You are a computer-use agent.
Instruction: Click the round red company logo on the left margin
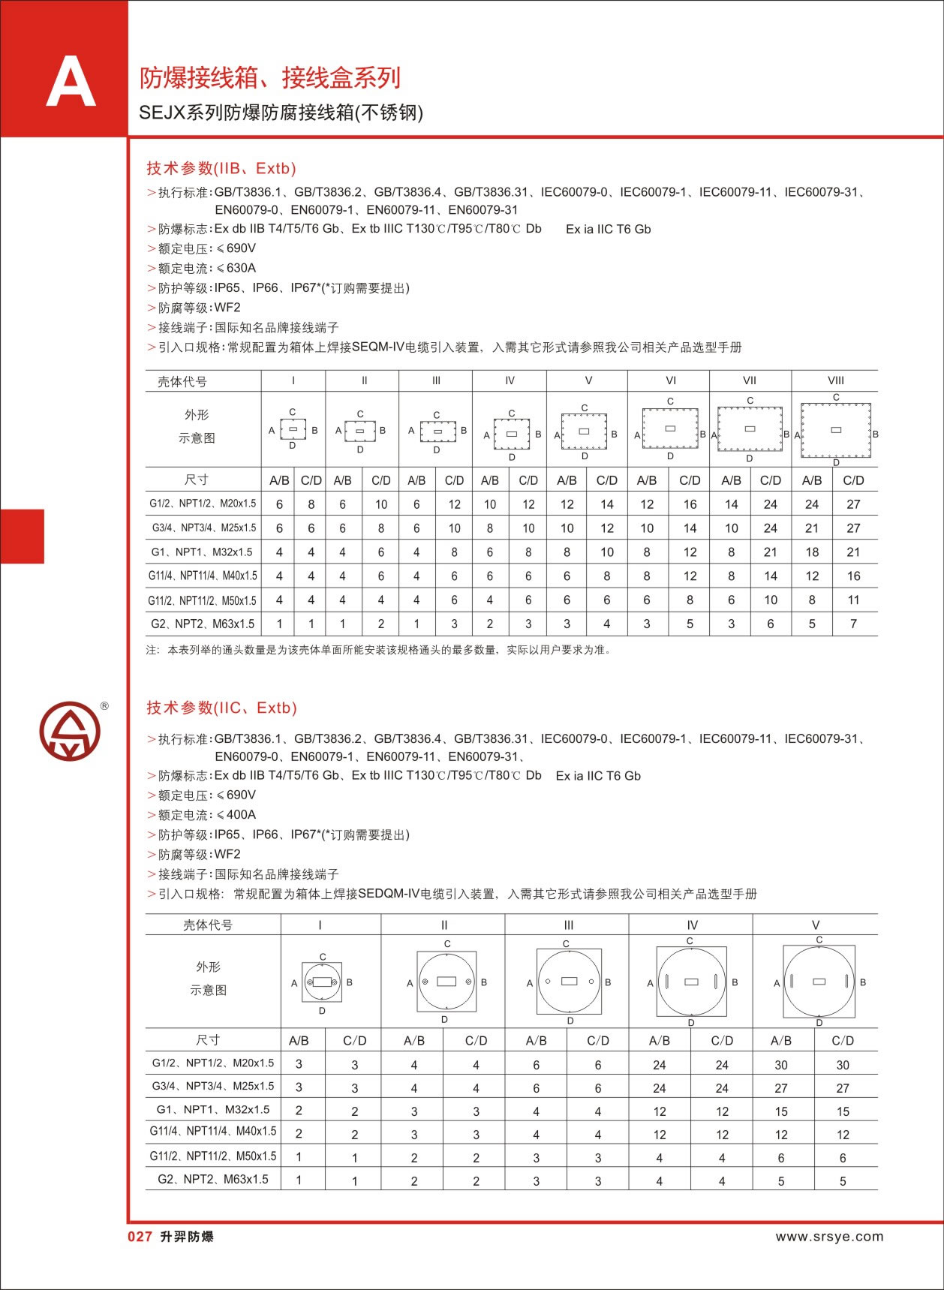tap(70, 732)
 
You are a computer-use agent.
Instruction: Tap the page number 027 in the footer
tap(140, 1237)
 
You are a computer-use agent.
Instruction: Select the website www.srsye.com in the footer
tap(829, 1237)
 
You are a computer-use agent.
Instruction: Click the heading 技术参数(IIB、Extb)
tap(221, 168)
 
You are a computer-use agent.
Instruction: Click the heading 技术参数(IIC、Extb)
tap(221, 708)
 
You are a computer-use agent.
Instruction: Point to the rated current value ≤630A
tap(236, 268)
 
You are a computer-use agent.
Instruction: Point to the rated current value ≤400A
tap(236, 814)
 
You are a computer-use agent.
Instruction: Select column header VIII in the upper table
tap(835, 380)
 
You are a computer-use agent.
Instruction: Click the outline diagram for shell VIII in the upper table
tap(836, 430)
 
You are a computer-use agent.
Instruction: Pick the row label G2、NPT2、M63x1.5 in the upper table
tap(203, 624)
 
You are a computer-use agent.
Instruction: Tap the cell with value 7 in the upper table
tap(853, 624)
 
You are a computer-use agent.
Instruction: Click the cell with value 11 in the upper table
tap(853, 600)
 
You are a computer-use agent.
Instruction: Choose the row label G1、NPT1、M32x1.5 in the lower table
tap(213, 1109)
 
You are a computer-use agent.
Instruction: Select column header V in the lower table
tap(816, 925)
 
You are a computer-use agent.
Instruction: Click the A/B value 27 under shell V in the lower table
tap(781, 1088)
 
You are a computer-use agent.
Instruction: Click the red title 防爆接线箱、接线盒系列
tap(270, 78)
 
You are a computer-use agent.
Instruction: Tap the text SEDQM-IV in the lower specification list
tap(388, 894)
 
